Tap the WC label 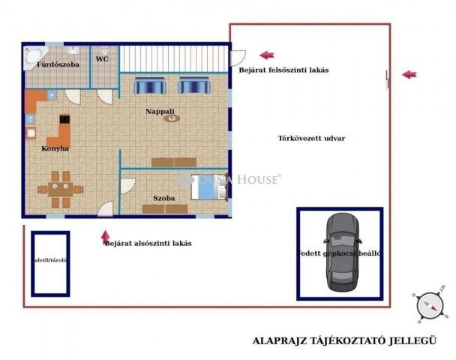pyautogui.click(x=102, y=58)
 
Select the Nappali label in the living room pyautogui.click(x=160, y=111)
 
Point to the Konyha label pyautogui.click(x=55, y=148)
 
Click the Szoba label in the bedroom pyautogui.click(x=164, y=198)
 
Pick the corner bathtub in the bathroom pyautogui.click(x=34, y=56)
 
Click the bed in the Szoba pyautogui.click(x=209, y=186)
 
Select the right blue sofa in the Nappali pyautogui.click(x=192, y=86)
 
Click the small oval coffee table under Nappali pyautogui.click(x=172, y=119)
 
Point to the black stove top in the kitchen pyautogui.click(x=64, y=118)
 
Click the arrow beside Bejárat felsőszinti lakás pyautogui.click(x=267, y=55)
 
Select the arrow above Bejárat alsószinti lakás pyautogui.click(x=106, y=236)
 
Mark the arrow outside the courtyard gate pyautogui.click(x=409, y=74)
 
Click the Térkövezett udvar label pyautogui.click(x=305, y=139)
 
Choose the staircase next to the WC pyautogui.click(x=173, y=58)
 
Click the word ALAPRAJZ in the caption pyautogui.click(x=277, y=340)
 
